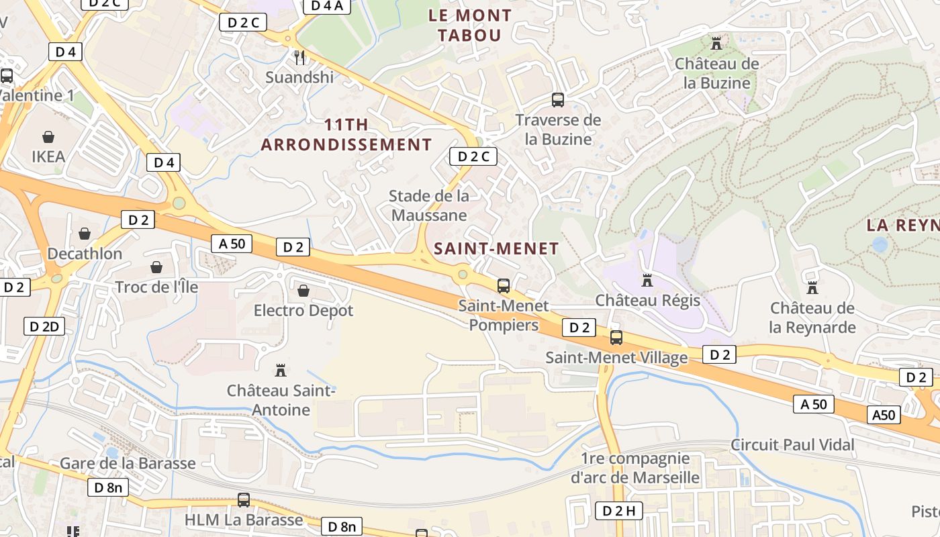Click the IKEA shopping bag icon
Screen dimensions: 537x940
point(48,138)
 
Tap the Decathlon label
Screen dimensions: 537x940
point(85,254)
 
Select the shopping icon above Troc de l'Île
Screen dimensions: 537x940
point(156,267)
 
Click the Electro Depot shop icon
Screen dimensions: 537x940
point(303,291)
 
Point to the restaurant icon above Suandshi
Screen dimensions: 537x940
point(299,58)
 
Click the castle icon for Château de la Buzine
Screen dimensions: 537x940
point(716,44)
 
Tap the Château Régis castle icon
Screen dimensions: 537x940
point(647,280)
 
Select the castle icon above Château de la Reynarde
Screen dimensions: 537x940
point(812,288)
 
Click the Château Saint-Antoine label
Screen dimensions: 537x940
point(281,400)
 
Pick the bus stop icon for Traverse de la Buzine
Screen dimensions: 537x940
point(558,100)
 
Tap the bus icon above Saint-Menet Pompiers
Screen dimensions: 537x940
point(504,286)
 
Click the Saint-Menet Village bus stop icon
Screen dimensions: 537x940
point(616,338)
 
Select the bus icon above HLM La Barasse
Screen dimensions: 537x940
point(244,500)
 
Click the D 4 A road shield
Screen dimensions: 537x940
point(327,6)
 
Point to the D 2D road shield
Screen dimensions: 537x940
point(45,327)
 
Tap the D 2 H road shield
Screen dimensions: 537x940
point(618,511)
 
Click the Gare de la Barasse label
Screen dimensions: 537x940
point(128,463)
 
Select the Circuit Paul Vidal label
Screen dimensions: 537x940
point(792,444)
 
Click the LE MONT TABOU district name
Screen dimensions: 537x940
point(470,25)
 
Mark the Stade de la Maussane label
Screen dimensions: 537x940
point(429,205)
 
